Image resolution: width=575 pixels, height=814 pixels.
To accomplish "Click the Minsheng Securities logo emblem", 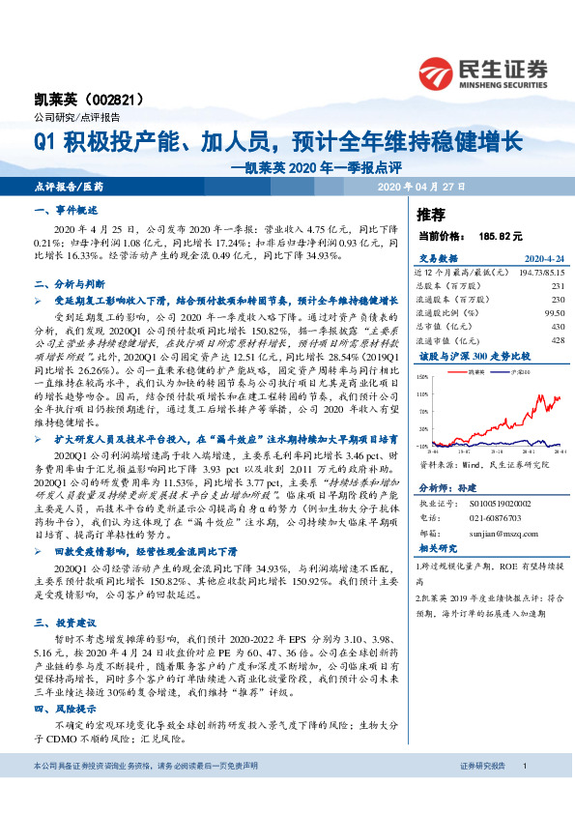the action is coord(438,71).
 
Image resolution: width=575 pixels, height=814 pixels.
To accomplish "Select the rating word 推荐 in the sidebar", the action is coord(430,213).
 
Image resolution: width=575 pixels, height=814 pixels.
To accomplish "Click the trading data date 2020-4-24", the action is coord(542,258).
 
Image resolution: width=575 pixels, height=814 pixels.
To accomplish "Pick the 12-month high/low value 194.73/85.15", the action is coord(538,275).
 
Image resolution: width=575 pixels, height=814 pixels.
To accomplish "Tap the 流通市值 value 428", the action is coord(557,339).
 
